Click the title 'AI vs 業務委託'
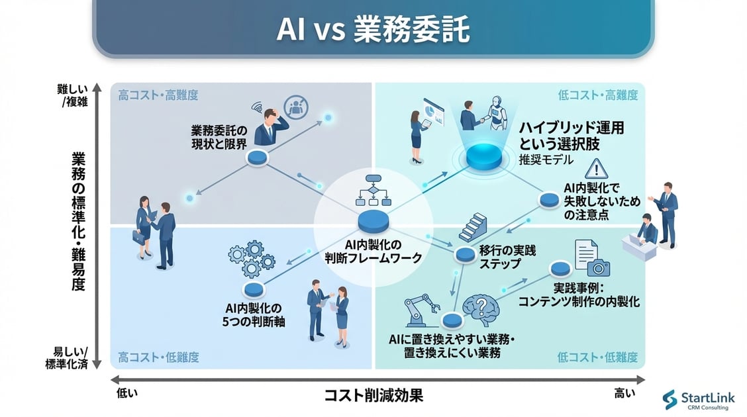coord(373,30)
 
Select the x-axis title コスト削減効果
coord(373,396)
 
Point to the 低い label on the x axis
coord(127,393)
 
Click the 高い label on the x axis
coord(623,393)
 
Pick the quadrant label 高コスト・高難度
coord(158,95)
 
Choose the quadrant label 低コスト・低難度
coord(597,357)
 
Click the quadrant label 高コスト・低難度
coord(158,357)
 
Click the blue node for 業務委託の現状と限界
coord(257,158)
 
